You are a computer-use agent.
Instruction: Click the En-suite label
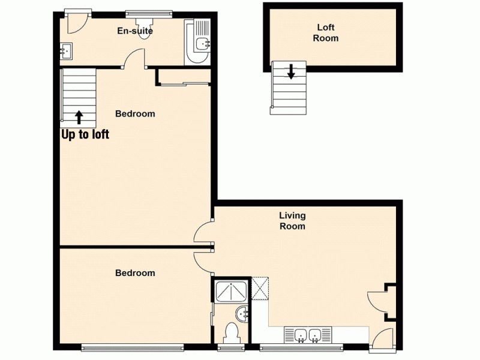(x=135, y=31)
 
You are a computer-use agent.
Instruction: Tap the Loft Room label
(x=326, y=33)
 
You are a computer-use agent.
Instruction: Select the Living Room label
(x=292, y=221)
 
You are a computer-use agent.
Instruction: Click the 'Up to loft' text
(x=85, y=134)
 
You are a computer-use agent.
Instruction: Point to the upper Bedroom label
(x=135, y=113)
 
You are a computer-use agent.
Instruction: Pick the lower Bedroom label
(x=135, y=273)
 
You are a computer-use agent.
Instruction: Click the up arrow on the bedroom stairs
(x=79, y=116)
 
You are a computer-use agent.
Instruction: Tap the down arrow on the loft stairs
(x=291, y=72)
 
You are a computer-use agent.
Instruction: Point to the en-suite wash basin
(x=66, y=51)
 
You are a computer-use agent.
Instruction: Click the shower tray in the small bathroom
(x=231, y=291)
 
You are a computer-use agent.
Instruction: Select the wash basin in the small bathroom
(x=243, y=313)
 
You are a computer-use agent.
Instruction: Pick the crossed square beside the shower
(x=260, y=287)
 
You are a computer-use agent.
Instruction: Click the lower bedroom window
(x=132, y=346)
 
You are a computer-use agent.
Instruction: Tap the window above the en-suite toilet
(x=148, y=12)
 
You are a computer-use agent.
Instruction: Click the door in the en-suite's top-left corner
(x=77, y=22)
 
